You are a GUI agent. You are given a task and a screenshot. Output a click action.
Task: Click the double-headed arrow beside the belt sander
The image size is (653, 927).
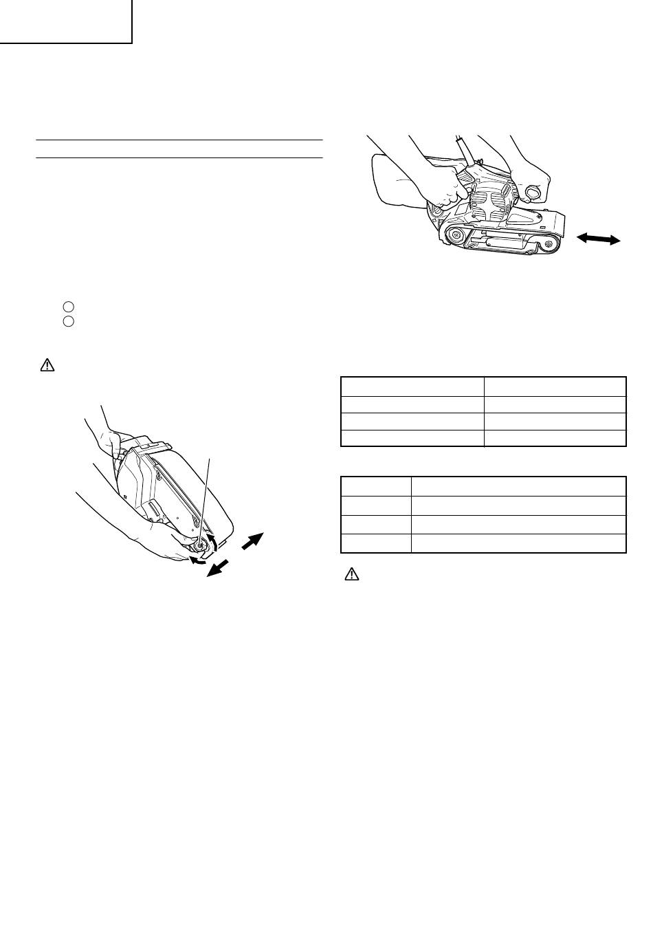598,239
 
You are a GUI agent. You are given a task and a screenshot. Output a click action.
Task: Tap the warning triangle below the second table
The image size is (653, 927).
349,574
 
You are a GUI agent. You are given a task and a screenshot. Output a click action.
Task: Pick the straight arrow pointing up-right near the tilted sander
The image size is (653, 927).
252,541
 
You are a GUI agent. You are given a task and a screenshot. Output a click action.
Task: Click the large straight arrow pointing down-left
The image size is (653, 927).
219,568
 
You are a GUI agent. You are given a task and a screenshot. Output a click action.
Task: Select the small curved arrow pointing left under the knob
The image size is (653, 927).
197,560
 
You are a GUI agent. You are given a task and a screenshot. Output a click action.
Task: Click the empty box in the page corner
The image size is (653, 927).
65,21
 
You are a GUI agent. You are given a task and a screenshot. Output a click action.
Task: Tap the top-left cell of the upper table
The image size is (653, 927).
412,386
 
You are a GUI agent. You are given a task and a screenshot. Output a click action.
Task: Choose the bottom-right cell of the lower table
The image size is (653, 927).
518,543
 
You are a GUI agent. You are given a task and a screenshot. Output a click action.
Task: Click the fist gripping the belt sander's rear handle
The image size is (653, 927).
451,188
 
